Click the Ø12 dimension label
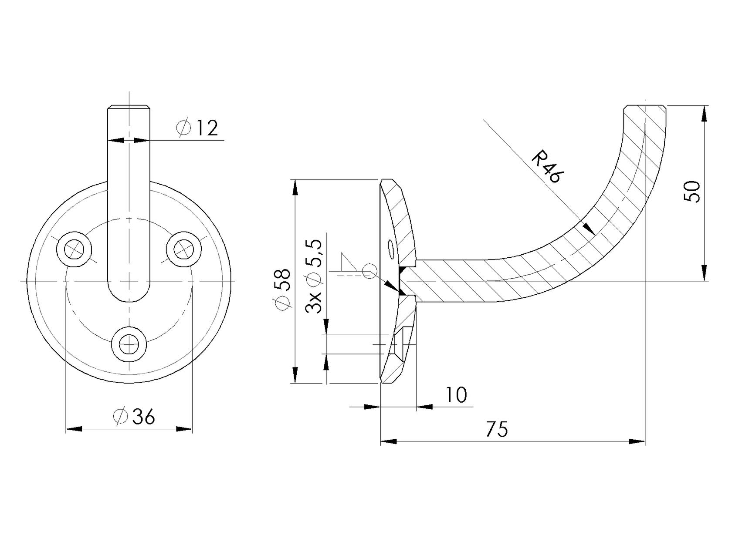point(197,128)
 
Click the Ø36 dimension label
point(134,417)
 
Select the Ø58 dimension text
point(283,290)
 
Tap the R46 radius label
point(548,166)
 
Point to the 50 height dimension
point(692,192)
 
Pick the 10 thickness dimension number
point(456,395)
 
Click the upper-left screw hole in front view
point(74,249)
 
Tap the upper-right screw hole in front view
point(184,249)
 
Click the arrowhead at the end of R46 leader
point(589,229)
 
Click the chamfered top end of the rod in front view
point(129,107)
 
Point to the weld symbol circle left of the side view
point(368,270)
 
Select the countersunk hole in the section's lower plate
point(401,344)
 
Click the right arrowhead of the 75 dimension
point(637,441)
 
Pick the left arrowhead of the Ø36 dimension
point(74,429)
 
